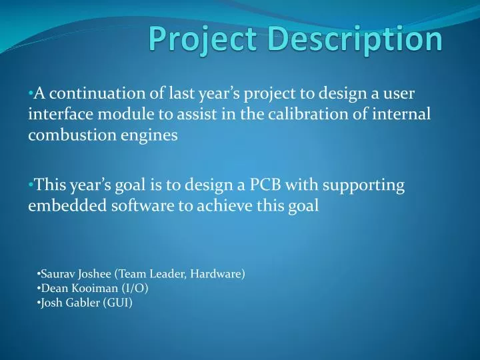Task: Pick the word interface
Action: [57, 114]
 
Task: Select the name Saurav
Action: [57, 273]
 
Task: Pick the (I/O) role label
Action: [135, 288]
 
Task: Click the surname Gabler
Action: [83, 303]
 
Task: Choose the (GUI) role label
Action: [119, 303]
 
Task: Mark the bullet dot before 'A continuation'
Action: [31, 93]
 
